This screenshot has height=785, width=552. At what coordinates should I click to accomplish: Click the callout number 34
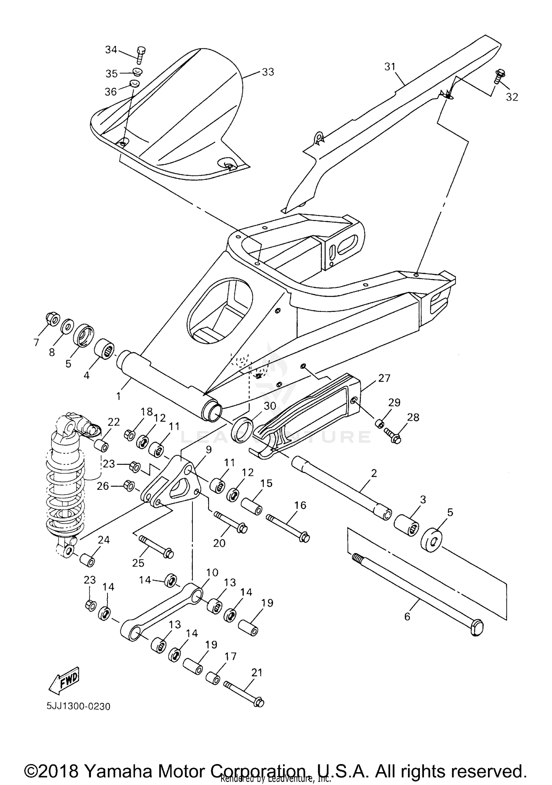tap(111, 49)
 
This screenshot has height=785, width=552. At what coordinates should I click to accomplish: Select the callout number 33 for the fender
tap(268, 72)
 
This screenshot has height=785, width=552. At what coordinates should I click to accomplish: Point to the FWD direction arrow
tap(64, 678)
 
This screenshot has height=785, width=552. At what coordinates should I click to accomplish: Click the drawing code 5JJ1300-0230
tap(78, 706)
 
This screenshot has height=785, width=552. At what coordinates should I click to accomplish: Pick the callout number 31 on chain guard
tap(390, 67)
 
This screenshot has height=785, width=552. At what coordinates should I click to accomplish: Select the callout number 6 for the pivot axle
tap(407, 616)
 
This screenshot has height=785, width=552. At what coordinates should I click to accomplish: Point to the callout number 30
tap(270, 406)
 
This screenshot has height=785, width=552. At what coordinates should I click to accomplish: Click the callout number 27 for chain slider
tap(384, 378)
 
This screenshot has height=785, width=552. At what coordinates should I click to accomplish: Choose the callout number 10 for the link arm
tap(212, 572)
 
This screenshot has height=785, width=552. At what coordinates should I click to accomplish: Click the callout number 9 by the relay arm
tap(209, 450)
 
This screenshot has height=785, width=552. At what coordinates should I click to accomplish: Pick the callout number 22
tap(114, 422)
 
